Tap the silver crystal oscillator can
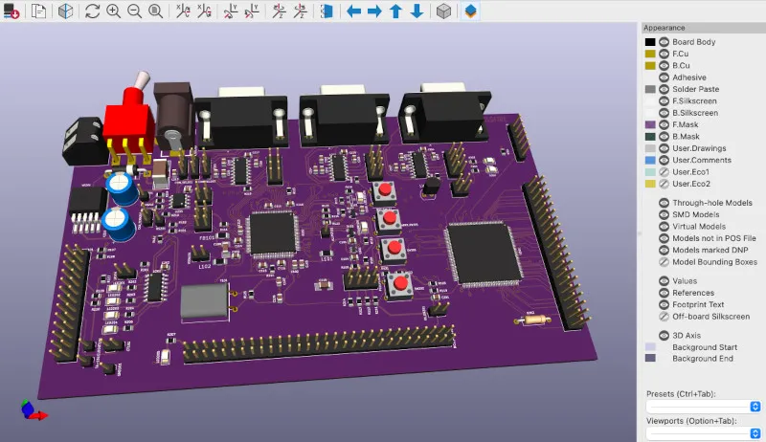(x=205, y=302)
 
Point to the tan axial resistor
(x=533, y=320)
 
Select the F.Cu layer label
(x=682, y=54)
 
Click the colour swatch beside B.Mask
(x=650, y=137)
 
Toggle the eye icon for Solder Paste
(x=663, y=89)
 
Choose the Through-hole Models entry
(x=712, y=203)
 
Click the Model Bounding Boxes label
(x=714, y=262)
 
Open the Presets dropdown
(x=703, y=407)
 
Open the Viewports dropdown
(x=703, y=433)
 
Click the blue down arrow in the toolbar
(x=417, y=11)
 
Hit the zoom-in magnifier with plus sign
(x=114, y=11)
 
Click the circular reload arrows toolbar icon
(x=92, y=11)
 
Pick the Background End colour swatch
(x=650, y=359)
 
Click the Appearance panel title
(x=665, y=28)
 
